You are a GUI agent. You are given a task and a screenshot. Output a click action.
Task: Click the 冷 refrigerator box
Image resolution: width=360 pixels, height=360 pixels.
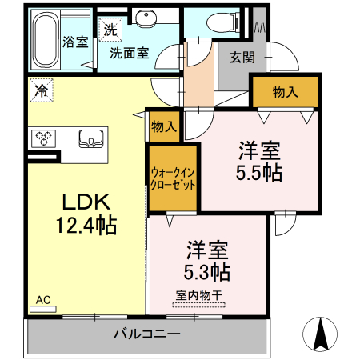(39, 90)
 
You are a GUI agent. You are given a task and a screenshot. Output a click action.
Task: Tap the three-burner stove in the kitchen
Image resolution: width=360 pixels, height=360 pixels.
(45, 138)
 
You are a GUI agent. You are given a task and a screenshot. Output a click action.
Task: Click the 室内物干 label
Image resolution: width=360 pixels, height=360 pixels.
(197, 294)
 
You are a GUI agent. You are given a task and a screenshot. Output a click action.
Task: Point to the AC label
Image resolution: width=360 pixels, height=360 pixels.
(43, 300)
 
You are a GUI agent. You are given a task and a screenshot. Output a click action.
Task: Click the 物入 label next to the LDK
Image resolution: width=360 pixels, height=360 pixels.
(164, 126)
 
